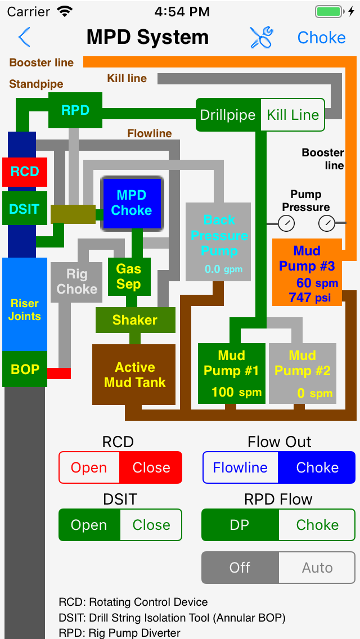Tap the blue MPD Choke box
click(x=132, y=203)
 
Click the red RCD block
click(x=24, y=172)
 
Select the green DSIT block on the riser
click(x=24, y=209)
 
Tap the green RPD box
click(x=75, y=110)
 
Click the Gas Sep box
click(x=129, y=276)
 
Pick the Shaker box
click(x=135, y=320)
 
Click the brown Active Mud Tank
click(x=134, y=375)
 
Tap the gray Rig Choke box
click(x=76, y=281)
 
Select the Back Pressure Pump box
click(x=218, y=241)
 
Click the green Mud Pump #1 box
click(x=231, y=373)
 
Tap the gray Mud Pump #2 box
click(x=303, y=373)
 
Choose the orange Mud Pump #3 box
click(x=307, y=272)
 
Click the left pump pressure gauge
click(x=286, y=224)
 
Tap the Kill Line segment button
click(x=292, y=115)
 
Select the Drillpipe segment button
click(x=228, y=115)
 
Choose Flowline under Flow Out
click(x=240, y=467)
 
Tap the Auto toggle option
click(x=317, y=568)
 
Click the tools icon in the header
click(x=262, y=38)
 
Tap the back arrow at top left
click(x=24, y=38)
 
